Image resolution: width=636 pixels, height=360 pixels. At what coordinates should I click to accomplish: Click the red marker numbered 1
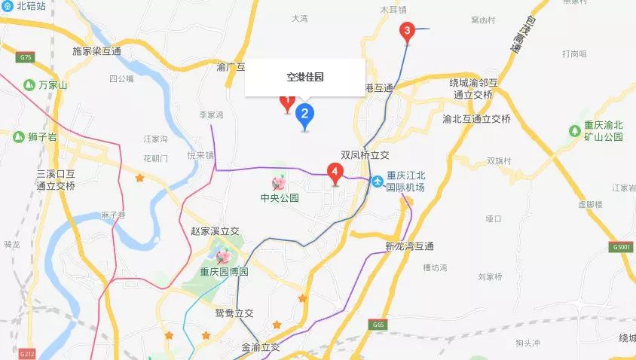(286, 101)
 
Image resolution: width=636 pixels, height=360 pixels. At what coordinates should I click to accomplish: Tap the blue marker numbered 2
(305, 114)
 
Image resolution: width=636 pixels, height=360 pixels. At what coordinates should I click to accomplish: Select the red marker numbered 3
(407, 32)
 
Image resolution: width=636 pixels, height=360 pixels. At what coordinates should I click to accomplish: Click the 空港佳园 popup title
(304, 77)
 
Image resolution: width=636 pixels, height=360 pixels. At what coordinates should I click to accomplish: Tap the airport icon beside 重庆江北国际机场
(376, 181)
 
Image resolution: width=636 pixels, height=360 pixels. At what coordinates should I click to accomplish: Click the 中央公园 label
(280, 199)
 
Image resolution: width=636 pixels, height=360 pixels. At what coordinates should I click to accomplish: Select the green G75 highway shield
(27, 57)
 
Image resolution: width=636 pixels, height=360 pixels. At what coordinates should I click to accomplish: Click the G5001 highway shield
(622, 247)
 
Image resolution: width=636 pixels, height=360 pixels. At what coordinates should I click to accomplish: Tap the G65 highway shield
(378, 325)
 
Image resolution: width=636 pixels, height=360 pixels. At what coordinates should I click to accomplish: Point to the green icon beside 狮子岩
(17, 136)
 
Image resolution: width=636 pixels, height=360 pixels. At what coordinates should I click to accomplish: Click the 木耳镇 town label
(393, 10)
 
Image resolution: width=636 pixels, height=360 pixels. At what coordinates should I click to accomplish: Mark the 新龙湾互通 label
(409, 246)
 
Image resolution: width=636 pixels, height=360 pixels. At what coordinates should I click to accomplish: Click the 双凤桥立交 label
(365, 154)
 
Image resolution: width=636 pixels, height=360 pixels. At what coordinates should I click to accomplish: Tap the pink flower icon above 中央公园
(279, 182)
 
